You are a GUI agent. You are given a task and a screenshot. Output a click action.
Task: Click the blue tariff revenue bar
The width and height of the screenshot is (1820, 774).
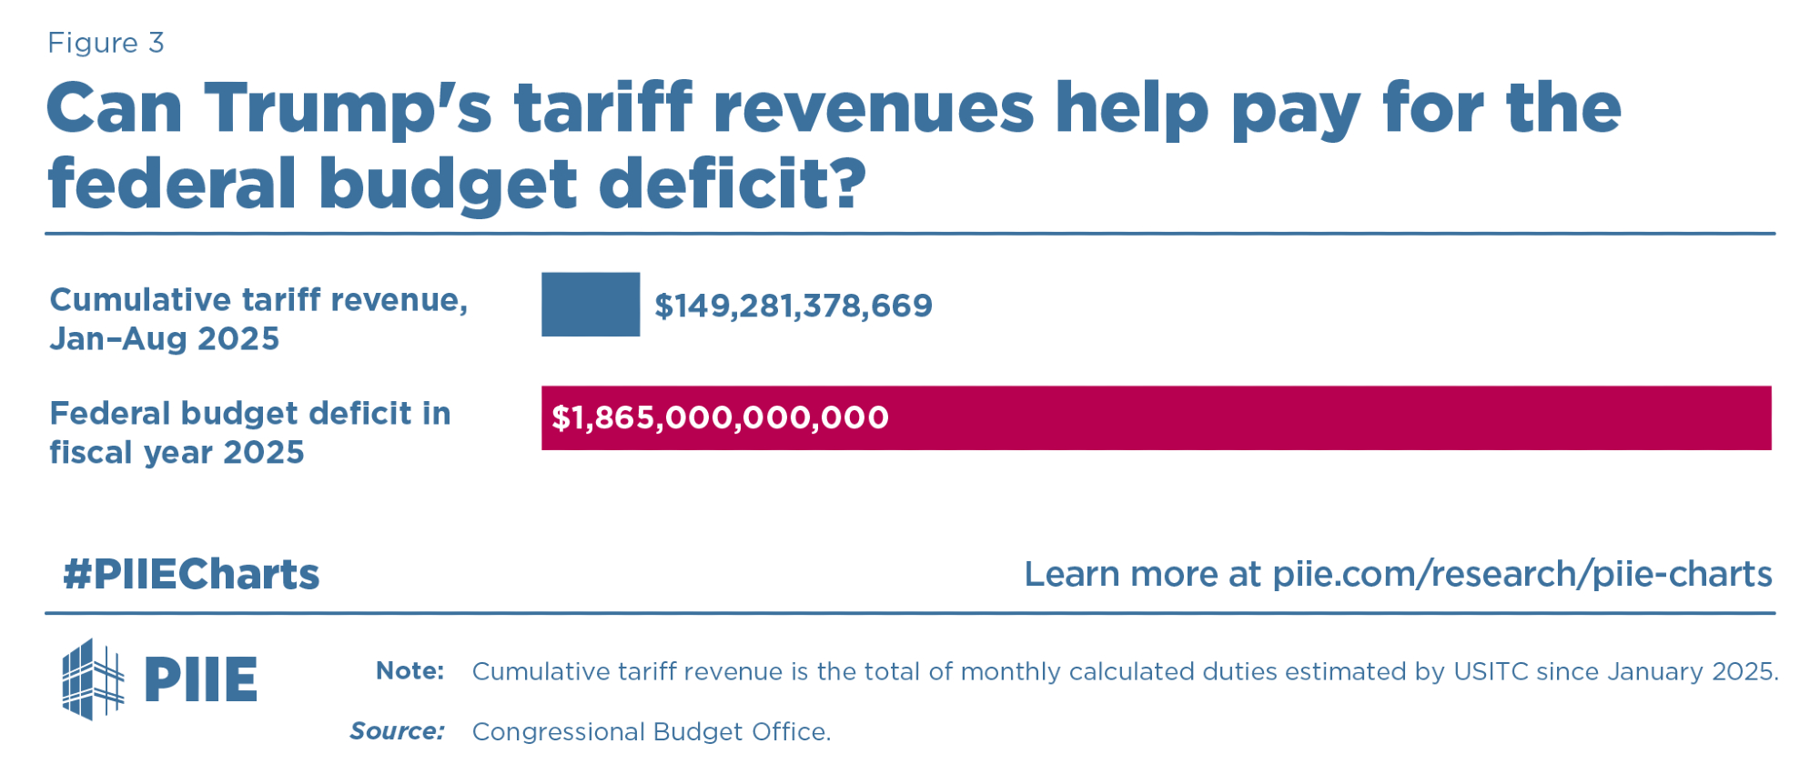coord(591,305)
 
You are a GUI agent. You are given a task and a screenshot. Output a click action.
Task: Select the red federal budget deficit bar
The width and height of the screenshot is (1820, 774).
coord(1274,417)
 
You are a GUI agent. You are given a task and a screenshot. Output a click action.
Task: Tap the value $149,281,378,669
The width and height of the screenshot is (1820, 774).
coord(794,306)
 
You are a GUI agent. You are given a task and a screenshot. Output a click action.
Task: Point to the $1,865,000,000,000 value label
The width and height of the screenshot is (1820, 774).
coord(720,417)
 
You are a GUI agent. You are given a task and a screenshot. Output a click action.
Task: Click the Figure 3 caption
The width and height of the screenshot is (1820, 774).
coord(106,43)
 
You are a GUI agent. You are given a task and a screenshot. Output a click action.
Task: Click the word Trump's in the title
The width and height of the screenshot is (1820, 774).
coord(349,108)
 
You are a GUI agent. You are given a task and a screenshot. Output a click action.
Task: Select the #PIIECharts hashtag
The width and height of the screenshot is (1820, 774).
coord(191,574)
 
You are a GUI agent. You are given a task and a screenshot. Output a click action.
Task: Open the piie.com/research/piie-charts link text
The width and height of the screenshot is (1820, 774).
coord(1522,574)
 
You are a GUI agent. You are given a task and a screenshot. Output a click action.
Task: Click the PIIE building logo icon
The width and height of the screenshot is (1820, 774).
coord(91,679)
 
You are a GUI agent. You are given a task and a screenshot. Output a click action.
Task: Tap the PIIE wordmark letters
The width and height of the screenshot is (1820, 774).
coord(201,679)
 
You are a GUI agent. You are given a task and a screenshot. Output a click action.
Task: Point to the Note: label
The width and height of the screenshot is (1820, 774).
coord(410,671)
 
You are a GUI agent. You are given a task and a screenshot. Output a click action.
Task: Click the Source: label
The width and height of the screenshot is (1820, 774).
coord(398,731)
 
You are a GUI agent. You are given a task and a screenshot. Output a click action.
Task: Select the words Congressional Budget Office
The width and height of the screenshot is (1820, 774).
coord(651,731)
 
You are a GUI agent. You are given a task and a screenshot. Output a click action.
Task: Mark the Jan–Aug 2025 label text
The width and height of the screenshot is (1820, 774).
coord(165,338)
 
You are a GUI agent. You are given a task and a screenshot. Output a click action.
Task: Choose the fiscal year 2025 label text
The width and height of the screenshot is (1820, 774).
coord(177,452)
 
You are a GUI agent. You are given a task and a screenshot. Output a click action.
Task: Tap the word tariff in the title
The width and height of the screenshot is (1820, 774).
coord(602,108)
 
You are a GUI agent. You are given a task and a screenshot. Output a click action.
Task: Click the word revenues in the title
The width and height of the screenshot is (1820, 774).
coord(874,108)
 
